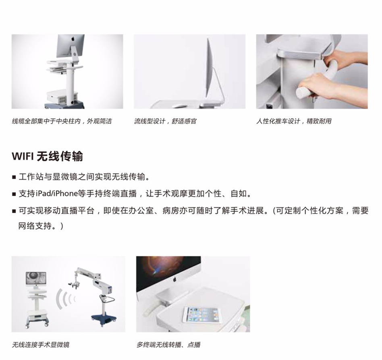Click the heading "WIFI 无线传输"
click(47, 156)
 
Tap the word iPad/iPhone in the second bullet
click(57, 194)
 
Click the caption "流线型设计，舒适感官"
click(165, 121)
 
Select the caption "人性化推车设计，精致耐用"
click(294, 121)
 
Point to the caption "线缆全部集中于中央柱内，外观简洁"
click(62, 121)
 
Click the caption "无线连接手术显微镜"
click(41, 345)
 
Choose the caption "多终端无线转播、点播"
click(168, 345)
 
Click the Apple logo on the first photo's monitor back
click(73, 39)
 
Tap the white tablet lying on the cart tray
click(201, 315)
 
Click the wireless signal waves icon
click(64, 299)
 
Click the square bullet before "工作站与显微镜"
click(14, 177)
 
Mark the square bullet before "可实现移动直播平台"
click(14, 211)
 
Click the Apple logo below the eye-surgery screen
click(174, 279)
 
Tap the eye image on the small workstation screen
click(36, 278)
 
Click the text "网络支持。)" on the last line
click(41, 226)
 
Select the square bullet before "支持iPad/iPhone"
click(14, 194)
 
